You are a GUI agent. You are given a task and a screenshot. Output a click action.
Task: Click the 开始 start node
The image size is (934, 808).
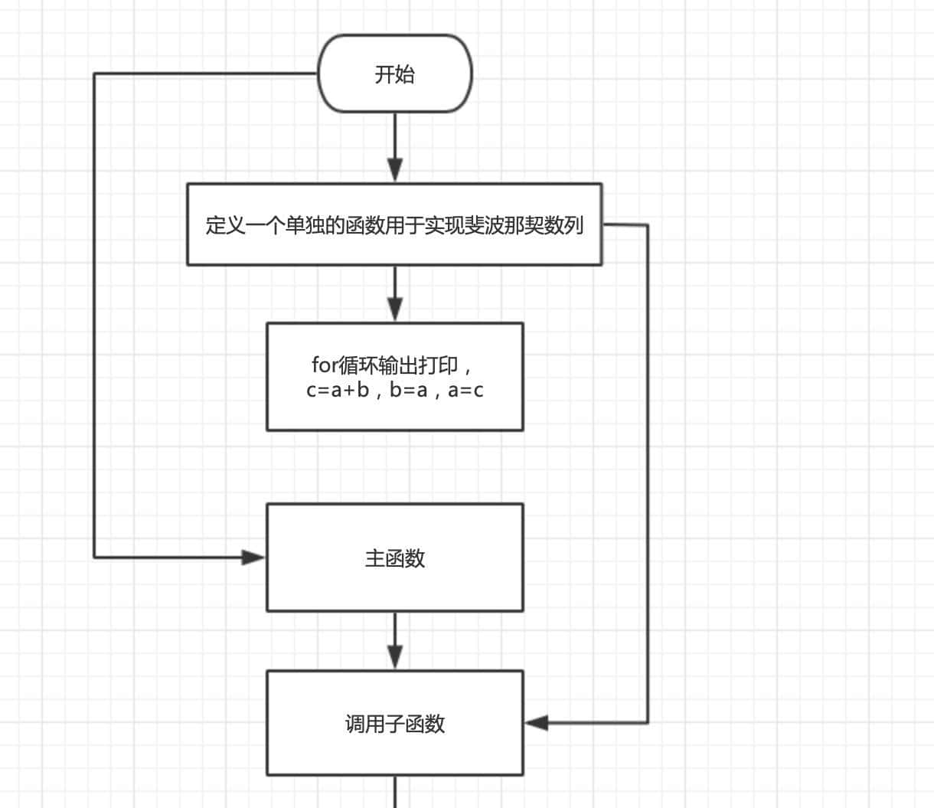tap(394, 74)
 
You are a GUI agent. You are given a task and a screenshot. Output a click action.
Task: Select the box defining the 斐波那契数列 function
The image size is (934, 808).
tap(394, 224)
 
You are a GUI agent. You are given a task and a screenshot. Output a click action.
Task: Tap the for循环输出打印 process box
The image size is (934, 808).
tap(394, 376)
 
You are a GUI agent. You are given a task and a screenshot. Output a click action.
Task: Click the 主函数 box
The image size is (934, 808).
tap(394, 558)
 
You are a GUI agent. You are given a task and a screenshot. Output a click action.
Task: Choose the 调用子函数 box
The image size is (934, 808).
tap(394, 723)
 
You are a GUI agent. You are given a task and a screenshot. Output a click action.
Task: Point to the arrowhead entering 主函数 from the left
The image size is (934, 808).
tap(253, 558)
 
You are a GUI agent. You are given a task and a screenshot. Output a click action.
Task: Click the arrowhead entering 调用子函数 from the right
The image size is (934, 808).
tap(537, 722)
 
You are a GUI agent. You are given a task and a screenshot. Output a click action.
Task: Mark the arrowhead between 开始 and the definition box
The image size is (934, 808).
tap(395, 169)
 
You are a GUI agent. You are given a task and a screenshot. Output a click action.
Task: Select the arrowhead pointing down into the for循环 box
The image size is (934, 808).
tap(395, 309)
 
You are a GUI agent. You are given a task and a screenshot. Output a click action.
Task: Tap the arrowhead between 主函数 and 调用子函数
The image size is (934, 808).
tap(395, 657)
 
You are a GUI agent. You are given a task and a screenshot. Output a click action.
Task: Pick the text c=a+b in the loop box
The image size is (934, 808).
tap(338, 390)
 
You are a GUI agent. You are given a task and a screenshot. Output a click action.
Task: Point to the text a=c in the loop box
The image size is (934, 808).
tap(465, 390)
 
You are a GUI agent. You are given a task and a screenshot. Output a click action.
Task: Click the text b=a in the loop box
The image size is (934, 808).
tap(408, 390)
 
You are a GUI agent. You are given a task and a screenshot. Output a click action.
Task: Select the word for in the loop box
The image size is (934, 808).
tap(324, 365)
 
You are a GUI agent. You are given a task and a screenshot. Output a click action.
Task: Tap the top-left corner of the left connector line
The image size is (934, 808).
tap(95, 74)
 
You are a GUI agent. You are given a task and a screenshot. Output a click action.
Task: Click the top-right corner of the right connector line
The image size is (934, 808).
tap(648, 226)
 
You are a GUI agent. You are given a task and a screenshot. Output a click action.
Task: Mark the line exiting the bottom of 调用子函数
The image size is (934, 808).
tap(395, 792)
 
